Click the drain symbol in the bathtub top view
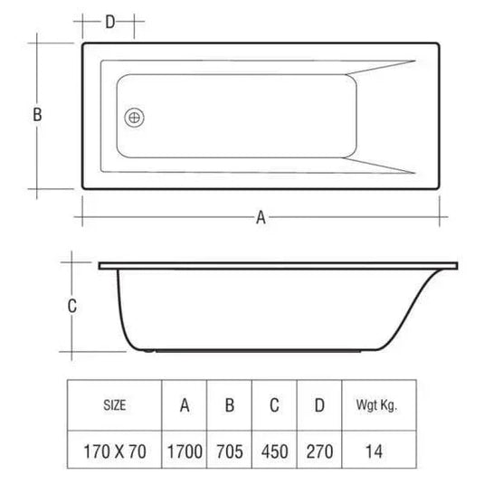(x=136, y=117)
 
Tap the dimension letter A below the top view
(x=261, y=218)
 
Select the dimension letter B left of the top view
(x=37, y=115)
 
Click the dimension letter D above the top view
(x=109, y=22)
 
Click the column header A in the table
(x=184, y=405)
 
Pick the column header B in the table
(x=230, y=405)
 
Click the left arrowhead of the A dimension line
(x=87, y=218)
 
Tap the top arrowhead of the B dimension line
(x=37, y=43)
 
